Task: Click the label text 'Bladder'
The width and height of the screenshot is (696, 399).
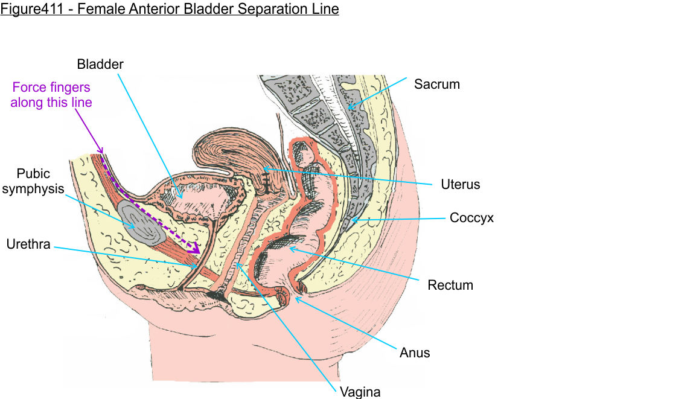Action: coord(100,63)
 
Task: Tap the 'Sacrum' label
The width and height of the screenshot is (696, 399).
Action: coord(436,84)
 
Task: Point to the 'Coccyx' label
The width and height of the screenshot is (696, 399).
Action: coord(471,218)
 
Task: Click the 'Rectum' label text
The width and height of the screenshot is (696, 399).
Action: coord(450,284)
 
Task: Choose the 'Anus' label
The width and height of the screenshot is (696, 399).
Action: coord(415,352)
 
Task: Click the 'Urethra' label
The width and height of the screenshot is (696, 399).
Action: coord(28,244)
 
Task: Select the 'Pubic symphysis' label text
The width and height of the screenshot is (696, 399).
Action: coord(40,181)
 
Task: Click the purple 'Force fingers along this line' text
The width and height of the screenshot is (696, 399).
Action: coord(51,95)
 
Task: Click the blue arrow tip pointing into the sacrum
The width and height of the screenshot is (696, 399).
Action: coord(348,109)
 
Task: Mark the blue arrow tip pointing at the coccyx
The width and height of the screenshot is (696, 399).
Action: coord(351,221)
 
